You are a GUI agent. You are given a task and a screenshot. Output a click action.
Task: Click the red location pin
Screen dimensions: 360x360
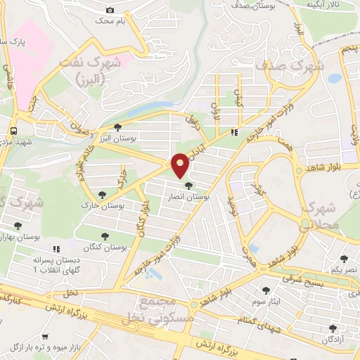click(x=180, y=165)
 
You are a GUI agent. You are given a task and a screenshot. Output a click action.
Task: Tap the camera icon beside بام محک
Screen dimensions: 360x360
click(x=110, y=10)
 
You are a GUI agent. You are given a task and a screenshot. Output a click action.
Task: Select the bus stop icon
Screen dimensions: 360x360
click(x=14, y=131)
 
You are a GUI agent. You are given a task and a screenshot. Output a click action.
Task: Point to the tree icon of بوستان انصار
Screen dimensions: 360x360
click(x=187, y=185)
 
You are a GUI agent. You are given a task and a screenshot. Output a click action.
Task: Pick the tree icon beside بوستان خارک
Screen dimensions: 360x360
click(x=103, y=193)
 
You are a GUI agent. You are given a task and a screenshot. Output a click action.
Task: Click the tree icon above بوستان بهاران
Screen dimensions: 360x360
click(x=18, y=226)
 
